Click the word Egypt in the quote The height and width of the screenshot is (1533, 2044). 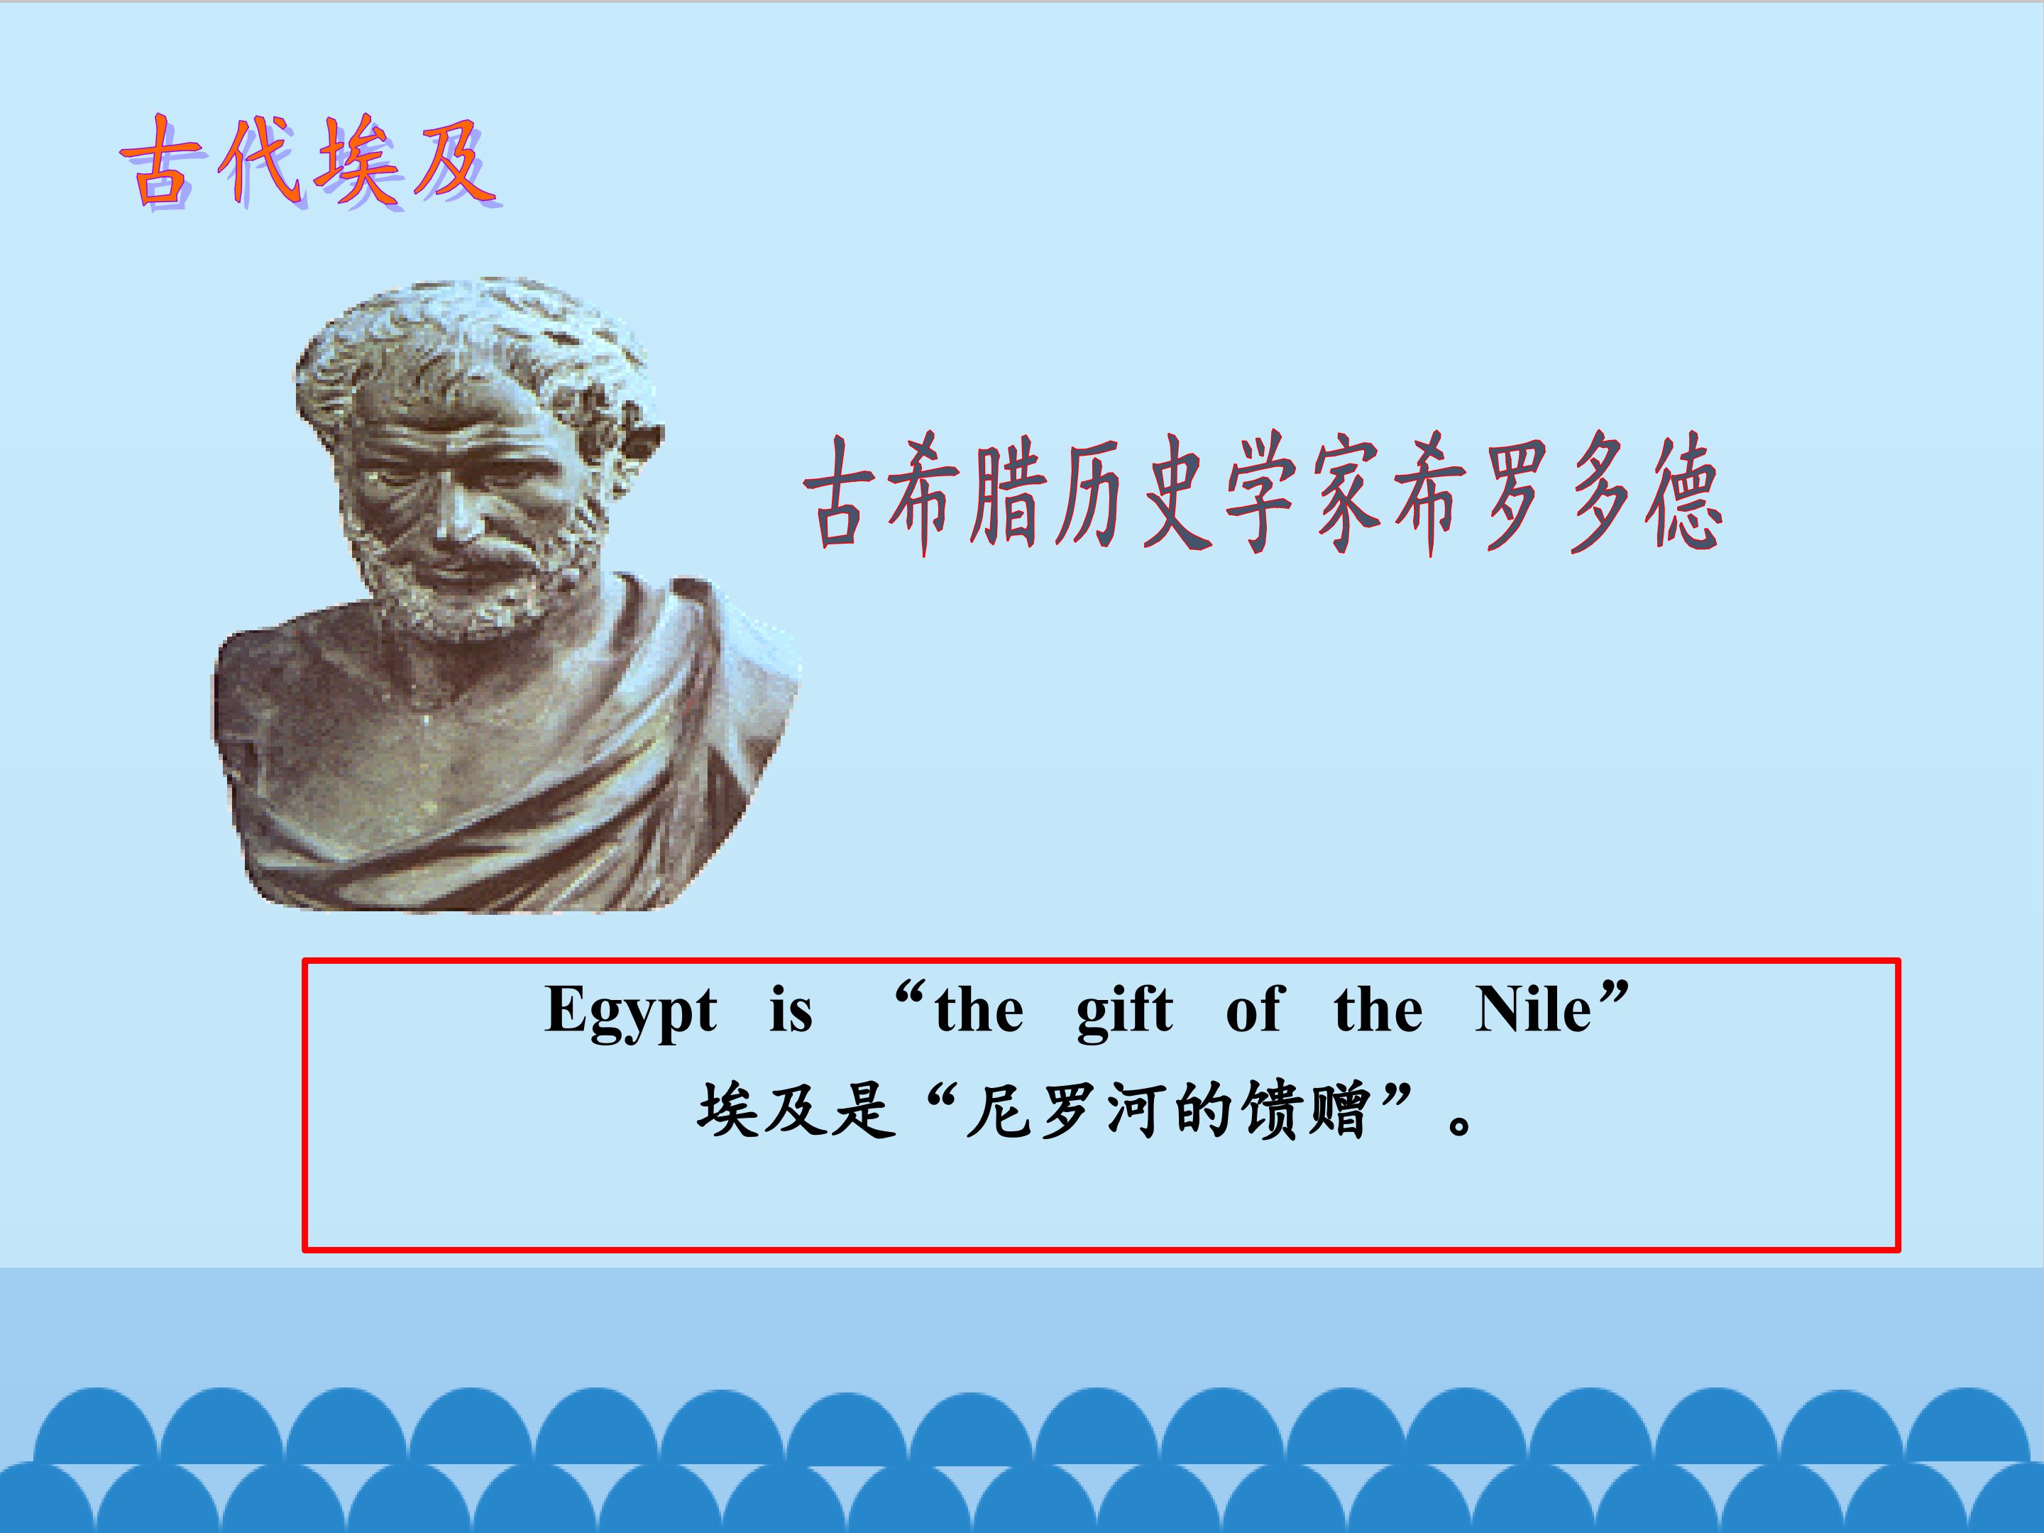point(630,1011)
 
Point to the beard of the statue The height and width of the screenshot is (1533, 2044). point(462,591)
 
